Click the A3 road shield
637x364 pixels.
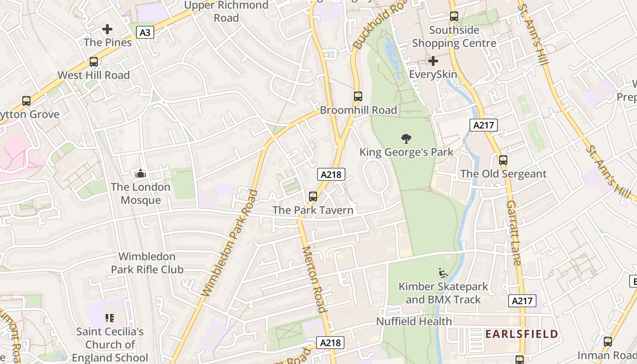click(x=145, y=33)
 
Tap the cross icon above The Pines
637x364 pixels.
click(x=107, y=30)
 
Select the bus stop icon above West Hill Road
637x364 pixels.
click(x=94, y=62)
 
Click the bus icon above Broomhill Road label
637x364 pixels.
click(x=358, y=96)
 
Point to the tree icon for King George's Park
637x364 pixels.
click(x=406, y=139)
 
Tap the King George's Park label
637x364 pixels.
click(x=406, y=152)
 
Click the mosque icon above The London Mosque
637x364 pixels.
click(x=141, y=174)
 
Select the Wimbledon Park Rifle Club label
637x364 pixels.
click(x=147, y=263)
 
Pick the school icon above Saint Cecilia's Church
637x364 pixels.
click(x=110, y=318)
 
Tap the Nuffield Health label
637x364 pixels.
click(x=414, y=321)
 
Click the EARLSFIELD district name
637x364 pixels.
click(x=521, y=334)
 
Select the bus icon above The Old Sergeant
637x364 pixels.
click(x=503, y=160)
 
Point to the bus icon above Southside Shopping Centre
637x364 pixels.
click(x=454, y=17)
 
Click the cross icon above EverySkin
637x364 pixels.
click(x=433, y=61)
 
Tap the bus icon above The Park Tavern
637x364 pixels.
click(x=313, y=197)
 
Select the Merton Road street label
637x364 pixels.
click(x=314, y=279)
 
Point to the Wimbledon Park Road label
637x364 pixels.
click(x=230, y=243)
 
